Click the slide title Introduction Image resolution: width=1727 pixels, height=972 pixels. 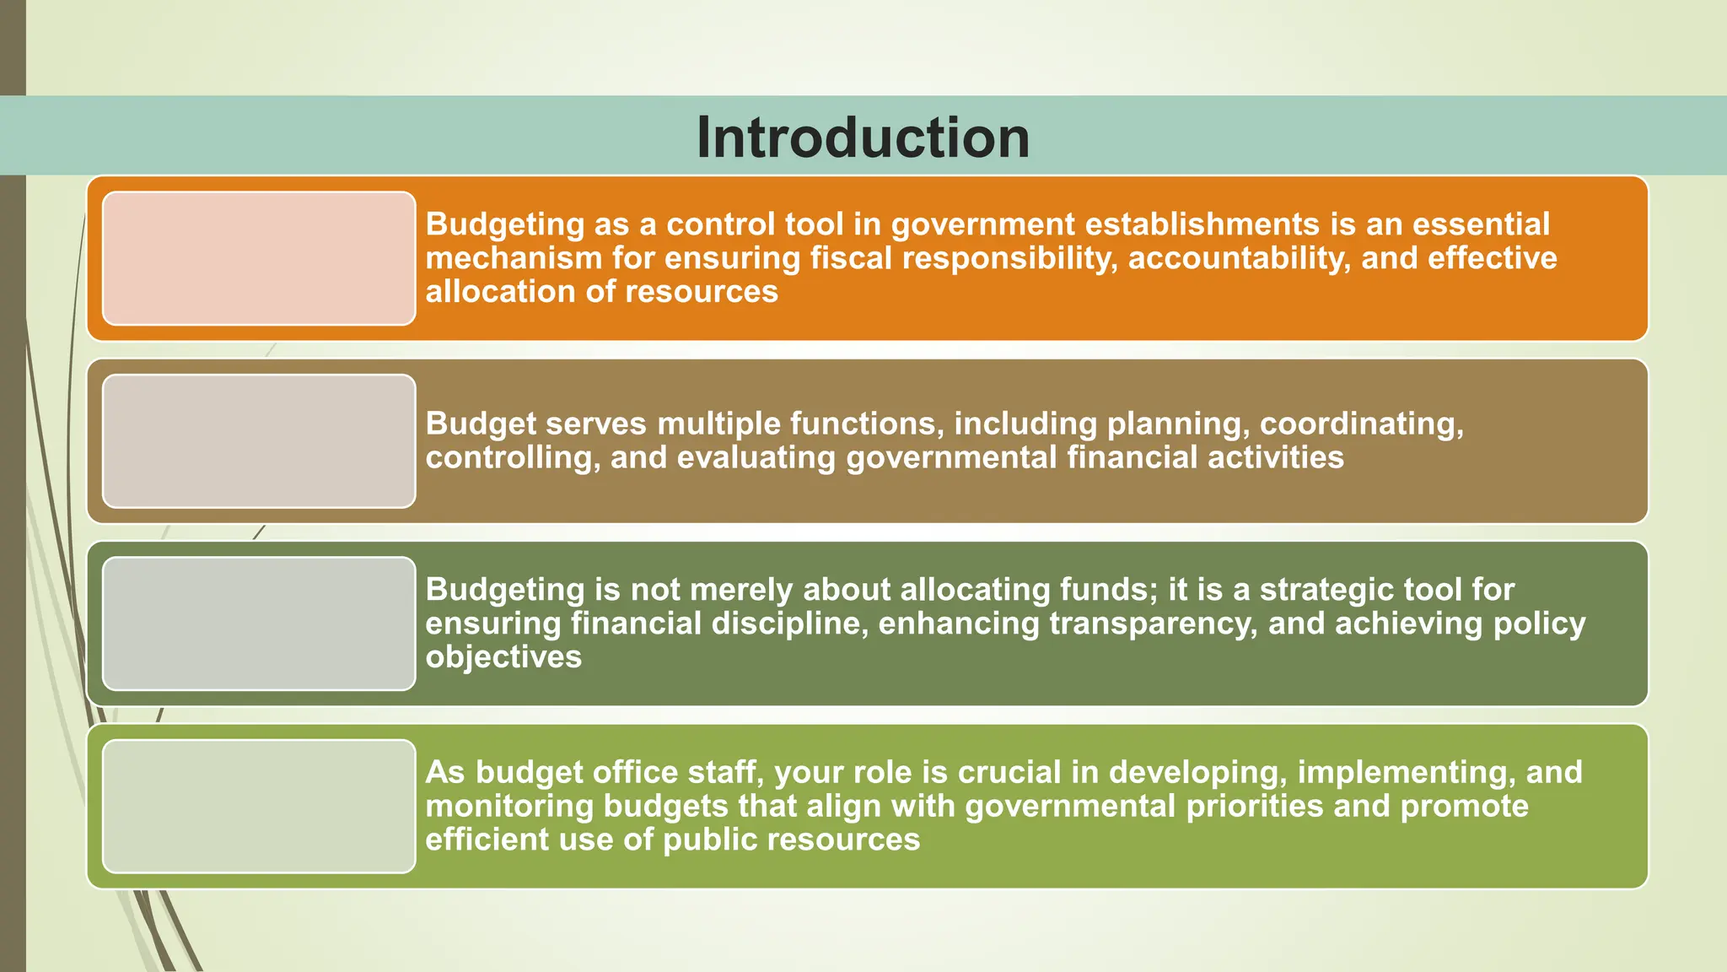click(x=863, y=138)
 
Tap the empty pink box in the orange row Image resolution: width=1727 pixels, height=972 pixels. click(x=259, y=258)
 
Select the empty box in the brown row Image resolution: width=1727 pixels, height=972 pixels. click(x=259, y=441)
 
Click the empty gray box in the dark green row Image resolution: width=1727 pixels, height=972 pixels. click(x=259, y=624)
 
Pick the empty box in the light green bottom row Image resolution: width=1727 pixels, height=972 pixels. click(x=259, y=806)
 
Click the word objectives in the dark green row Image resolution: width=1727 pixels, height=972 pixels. click(x=503, y=657)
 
